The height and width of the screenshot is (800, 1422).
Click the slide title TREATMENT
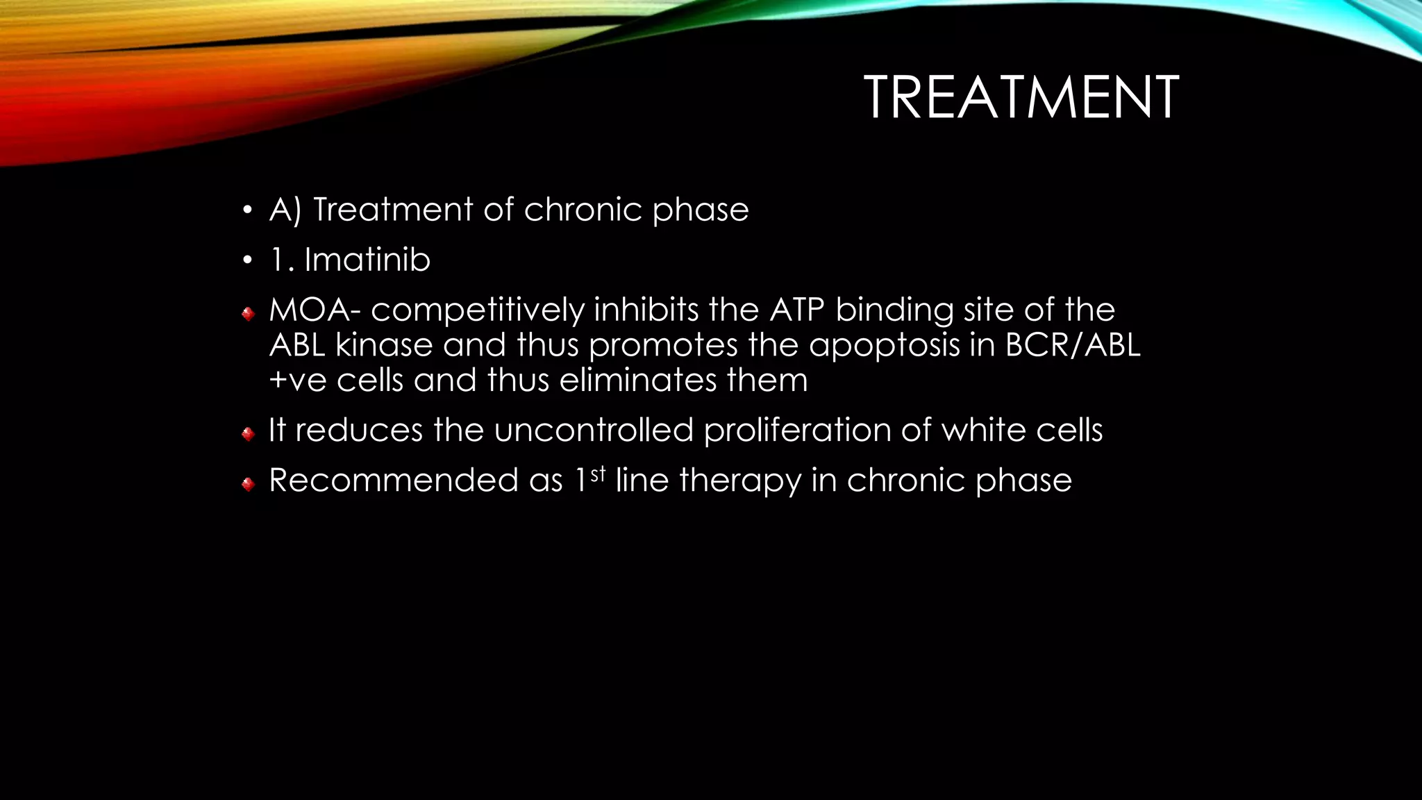1021,98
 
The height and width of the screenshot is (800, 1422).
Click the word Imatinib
367,260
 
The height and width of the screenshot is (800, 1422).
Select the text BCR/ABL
1072,345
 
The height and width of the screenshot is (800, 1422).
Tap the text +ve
297,381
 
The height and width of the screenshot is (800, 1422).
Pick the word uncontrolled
594,430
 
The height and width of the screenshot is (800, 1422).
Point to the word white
983,430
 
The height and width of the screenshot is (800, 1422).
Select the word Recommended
393,481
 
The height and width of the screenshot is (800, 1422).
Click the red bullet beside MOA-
248,315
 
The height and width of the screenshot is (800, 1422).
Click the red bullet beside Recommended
248,485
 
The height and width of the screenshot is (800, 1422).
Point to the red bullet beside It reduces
248,435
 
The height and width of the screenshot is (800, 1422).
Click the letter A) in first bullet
285,210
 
